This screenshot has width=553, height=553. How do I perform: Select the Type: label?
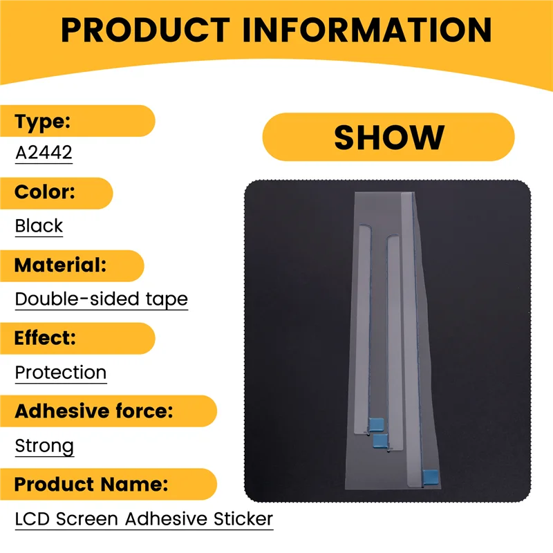click(43, 122)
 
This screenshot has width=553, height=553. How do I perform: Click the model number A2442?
click(44, 152)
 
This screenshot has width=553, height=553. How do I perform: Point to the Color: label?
click(44, 193)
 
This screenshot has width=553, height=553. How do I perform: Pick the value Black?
click(39, 226)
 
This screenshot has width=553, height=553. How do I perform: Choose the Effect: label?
click(46, 339)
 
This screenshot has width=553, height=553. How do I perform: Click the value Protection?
click(61, 373)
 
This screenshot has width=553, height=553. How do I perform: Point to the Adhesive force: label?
click(94, 411)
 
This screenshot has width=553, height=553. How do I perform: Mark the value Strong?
click(44, 447)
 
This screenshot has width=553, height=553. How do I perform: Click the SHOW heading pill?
click(388, 137)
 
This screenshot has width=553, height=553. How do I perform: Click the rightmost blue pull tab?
click(431, 476)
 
